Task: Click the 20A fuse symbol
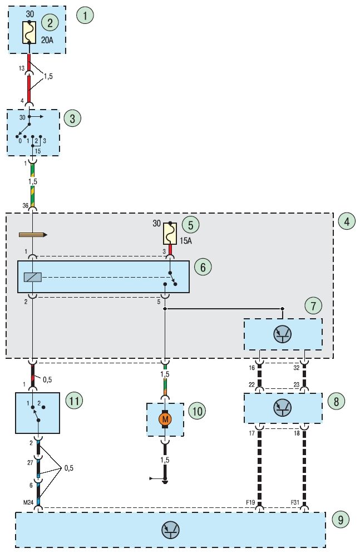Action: [x=29, y=32]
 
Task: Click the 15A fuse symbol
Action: [x=170, y=234]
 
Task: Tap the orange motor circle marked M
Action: [x=165, y=419]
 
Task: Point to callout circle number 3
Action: [x=72, y=118]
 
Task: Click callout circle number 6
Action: [x=203, y=267]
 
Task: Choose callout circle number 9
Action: [x=341, y=520]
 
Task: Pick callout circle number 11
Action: [x=74, y=401]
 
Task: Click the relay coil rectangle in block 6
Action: [x=33, y=277]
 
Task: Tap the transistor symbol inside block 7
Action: [x=283, y=334]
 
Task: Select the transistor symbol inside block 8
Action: [x=283, y=408]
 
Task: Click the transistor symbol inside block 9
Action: [x=170, y=530]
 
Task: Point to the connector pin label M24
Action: [x=28, y=502]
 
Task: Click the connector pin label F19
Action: [x=251, y=502]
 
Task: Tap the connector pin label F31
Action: [x=295, y=502]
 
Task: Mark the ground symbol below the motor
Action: [x=165, y=480]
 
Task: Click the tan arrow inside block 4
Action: [x=33, y=235]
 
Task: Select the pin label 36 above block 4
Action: [x=26, y=205]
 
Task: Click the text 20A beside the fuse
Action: [x=47, y=40]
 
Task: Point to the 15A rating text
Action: [x=186, y=241]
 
